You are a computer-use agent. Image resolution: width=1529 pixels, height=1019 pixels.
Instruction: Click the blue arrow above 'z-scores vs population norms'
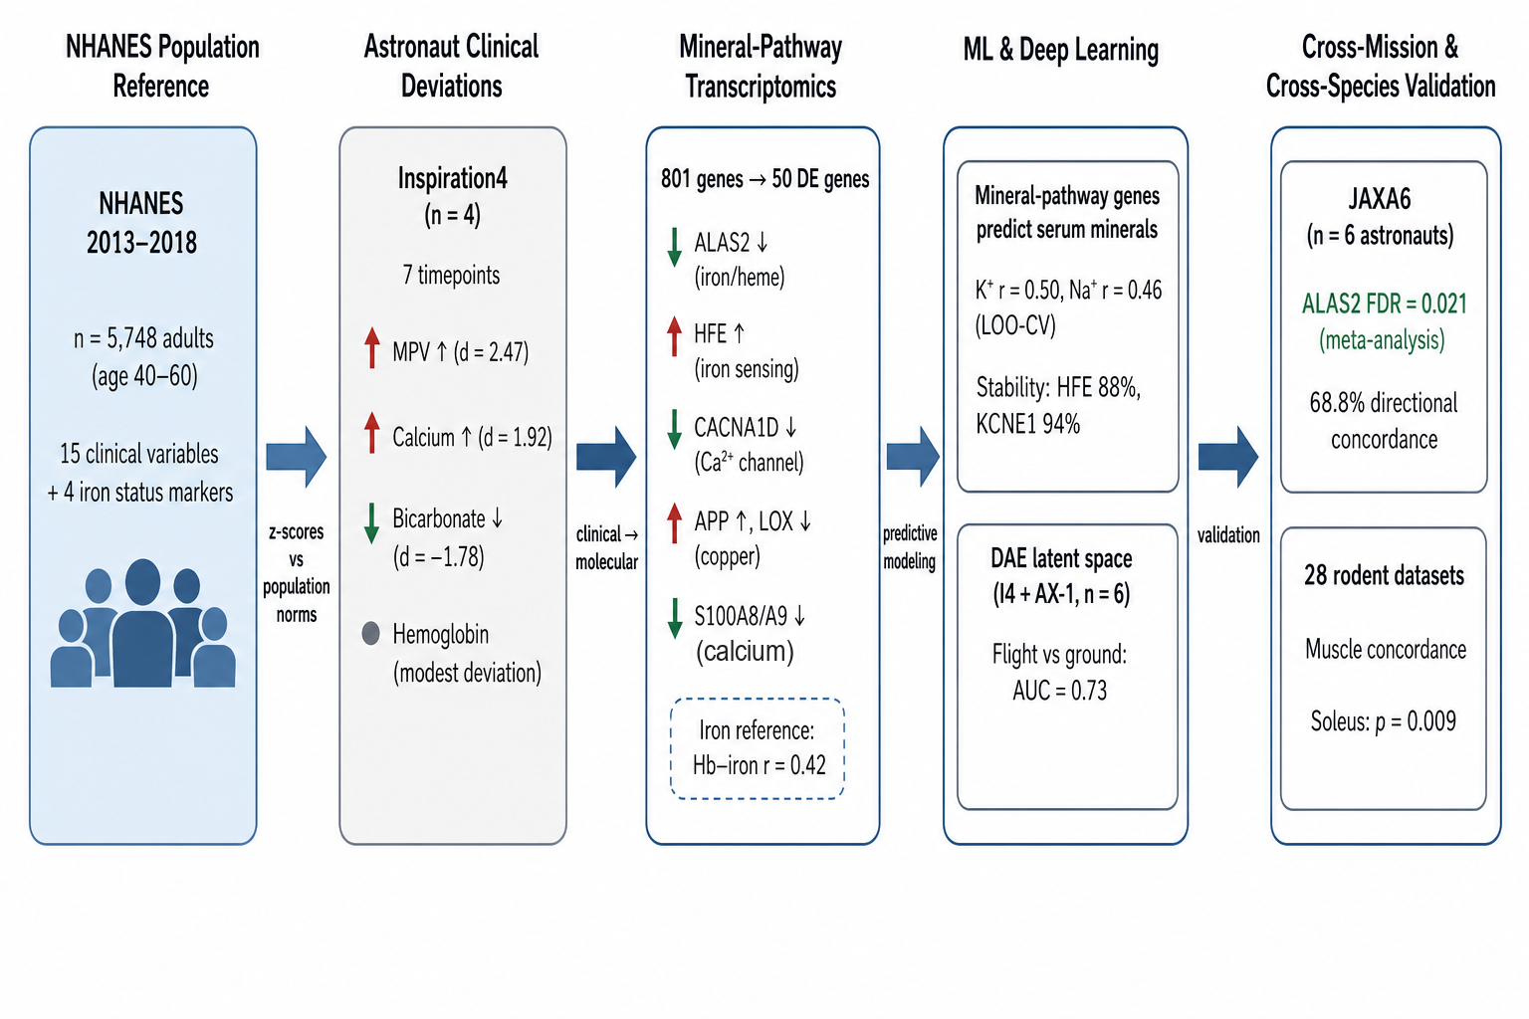(x=297, y=457)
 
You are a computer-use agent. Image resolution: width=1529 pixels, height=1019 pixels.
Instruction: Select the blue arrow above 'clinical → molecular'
(x=606, y=457)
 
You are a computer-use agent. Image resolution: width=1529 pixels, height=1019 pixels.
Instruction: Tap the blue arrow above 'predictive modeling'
(x=913, y=457)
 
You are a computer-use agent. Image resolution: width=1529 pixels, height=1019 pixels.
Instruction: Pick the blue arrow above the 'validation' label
(x=1228, y=457)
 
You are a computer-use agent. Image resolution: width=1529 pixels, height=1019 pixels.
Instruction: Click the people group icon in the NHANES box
(x=142, y=623)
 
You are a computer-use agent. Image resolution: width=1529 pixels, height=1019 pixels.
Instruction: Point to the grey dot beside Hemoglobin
(x=370, y=633)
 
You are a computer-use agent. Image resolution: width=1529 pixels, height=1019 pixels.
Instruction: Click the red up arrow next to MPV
(x=372, y=348)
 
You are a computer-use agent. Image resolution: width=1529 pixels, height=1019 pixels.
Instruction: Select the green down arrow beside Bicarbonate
(x=371, y=523)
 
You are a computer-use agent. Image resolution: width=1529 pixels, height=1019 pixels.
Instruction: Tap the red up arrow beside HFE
(x=674, y=336)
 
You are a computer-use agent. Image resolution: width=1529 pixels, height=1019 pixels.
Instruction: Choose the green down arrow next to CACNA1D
(x=674, y=429)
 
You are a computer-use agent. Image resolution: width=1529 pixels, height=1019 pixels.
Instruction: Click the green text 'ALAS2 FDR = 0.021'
(x=1385, y=304)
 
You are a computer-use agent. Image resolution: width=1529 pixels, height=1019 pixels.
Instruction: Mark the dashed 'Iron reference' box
(x=758, y=748)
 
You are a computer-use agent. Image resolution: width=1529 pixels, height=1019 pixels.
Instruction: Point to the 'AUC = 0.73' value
(x=1060, y=691)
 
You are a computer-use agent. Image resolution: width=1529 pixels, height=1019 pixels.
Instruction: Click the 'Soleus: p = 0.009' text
(x=1384, y=721)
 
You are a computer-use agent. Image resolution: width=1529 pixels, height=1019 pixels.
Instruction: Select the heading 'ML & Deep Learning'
(x=1061, y=50)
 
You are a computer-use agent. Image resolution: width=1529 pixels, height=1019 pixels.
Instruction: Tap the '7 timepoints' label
(x=451, y=275)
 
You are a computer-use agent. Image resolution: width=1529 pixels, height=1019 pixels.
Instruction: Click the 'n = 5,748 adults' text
(x=143, y=338)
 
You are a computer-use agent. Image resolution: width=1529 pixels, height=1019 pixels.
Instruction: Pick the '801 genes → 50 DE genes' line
(x=765, y=179)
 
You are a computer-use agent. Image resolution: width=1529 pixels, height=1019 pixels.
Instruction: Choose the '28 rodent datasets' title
(x=1385, y=575)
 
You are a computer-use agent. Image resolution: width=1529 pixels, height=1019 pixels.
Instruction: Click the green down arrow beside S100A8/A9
(x=674, y=618)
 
